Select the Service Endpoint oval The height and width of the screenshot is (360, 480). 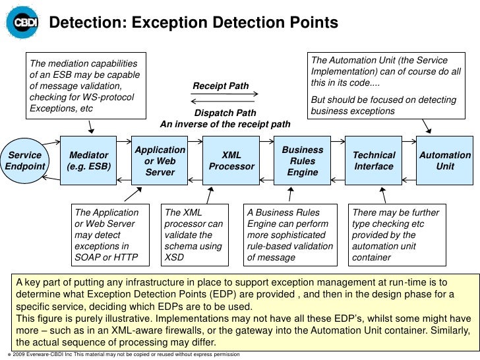[24, 161]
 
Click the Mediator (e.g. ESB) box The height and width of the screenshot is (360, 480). [89, 161]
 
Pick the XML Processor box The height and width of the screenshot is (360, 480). [231, 161]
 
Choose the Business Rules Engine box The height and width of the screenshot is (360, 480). [302, 161]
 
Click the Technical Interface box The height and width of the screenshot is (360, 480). [374, 161]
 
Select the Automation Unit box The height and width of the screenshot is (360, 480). [445, 161]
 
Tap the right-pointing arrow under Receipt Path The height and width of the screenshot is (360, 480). [225, 95]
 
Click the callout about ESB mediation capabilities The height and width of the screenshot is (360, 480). [83, 86]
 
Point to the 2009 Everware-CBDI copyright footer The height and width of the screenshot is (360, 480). [125, 355]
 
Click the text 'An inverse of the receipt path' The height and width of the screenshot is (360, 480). [225, 124]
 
